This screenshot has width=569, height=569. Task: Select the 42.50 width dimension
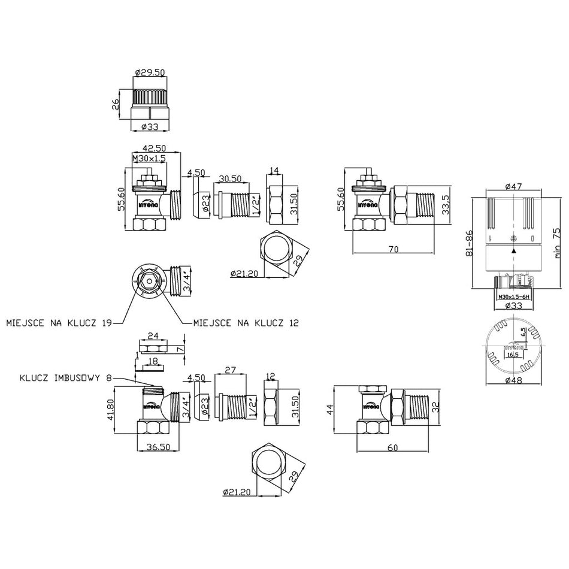click(x=153, y=149)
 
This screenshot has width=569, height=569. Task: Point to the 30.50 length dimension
click(x=231, y=179)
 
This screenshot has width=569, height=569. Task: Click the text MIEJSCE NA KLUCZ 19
click(x=59, y=323)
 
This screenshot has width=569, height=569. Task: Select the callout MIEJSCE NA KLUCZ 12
click(x=246, y=323)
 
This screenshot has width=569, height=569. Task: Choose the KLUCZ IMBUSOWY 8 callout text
click(x=66, y=378)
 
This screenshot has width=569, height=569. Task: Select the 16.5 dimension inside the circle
click(x=513, y=355)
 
